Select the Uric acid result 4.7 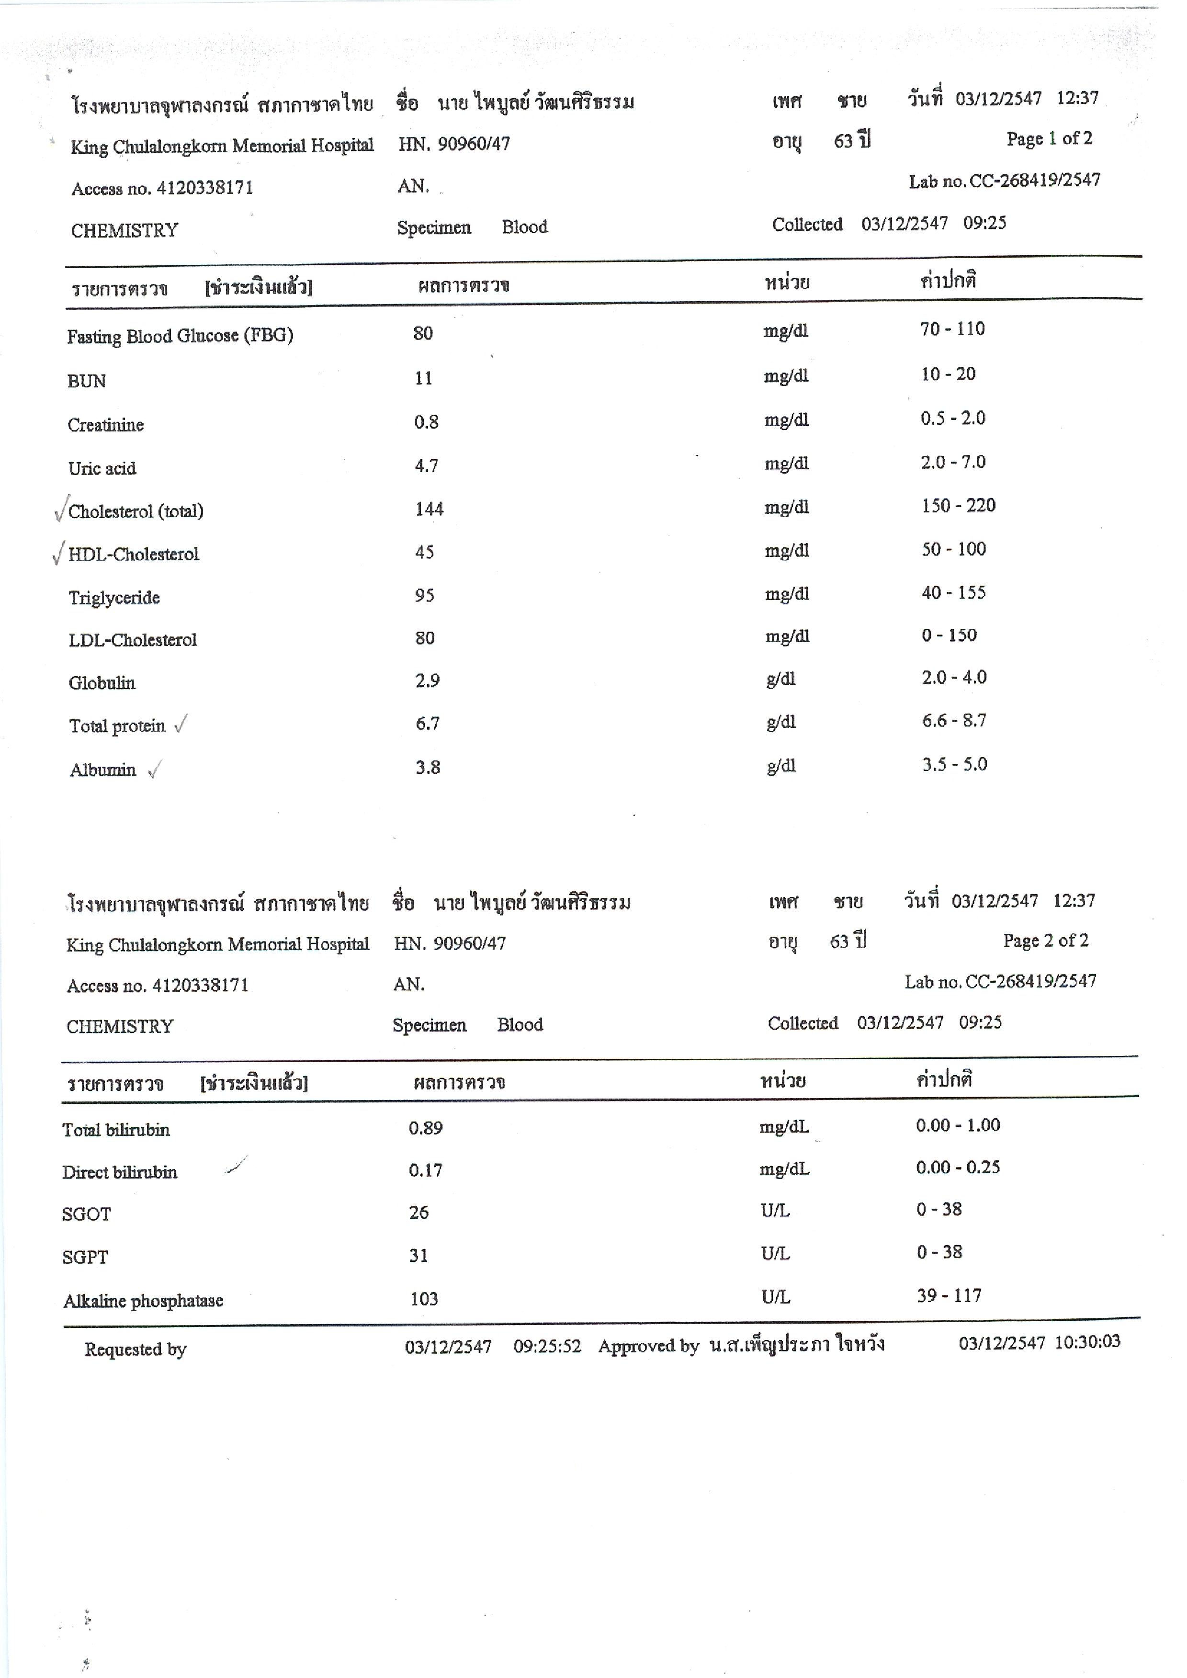point(426,465)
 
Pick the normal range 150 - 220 point(958,506)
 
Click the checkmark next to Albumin point(154,770)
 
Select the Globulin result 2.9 point(428,681)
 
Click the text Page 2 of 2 point(1045,941)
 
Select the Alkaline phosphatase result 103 point(423,1299)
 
